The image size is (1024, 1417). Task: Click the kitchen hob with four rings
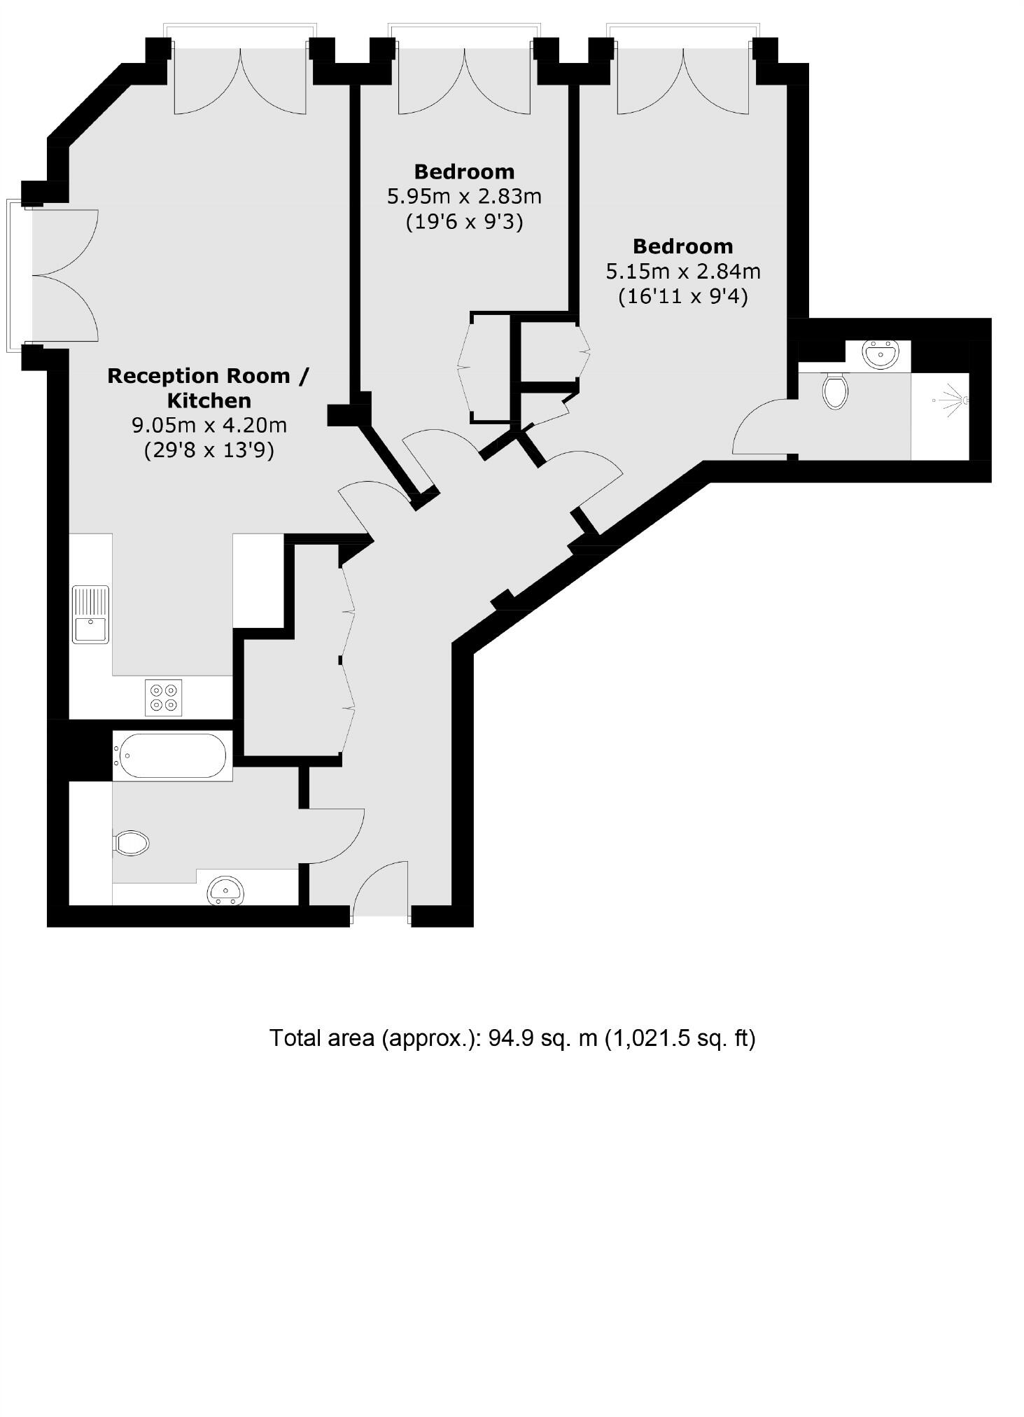163,697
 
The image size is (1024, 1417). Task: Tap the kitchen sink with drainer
90,615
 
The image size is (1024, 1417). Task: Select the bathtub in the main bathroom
172,755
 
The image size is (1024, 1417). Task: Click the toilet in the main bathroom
132,843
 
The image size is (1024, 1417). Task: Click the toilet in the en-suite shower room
835,390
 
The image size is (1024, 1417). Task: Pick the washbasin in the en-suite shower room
880,354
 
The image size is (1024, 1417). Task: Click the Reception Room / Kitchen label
208,388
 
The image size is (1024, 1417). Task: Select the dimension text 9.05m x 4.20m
209,425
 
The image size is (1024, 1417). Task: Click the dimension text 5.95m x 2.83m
464,196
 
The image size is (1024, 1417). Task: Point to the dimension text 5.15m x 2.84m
682,271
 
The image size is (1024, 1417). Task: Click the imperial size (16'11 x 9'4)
682,297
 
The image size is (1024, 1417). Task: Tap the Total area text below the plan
512,1038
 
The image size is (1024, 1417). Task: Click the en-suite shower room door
764,428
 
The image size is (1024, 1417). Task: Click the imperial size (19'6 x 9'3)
464,222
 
